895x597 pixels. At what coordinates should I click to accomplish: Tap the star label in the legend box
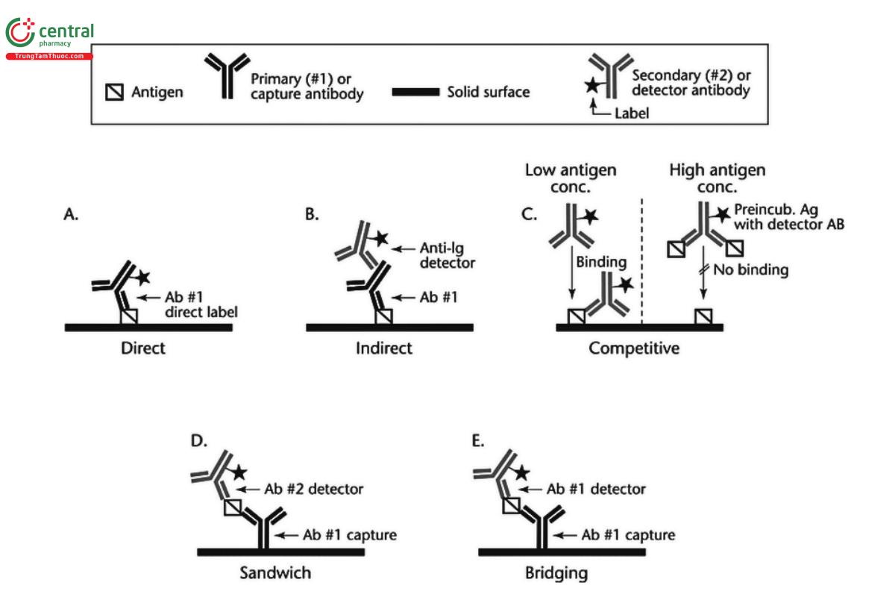point(591,85)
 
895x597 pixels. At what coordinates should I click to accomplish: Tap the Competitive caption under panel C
point(634,348)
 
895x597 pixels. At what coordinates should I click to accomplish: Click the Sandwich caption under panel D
point(275,573)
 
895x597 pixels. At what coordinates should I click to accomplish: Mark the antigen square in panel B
point(384,317)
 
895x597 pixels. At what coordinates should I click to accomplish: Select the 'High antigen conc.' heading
point(716,178)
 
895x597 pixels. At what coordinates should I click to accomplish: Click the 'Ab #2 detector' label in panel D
point(314,490)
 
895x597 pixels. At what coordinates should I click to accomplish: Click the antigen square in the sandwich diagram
point(233,507)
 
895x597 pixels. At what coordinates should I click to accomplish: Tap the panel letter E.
point(478,441)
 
